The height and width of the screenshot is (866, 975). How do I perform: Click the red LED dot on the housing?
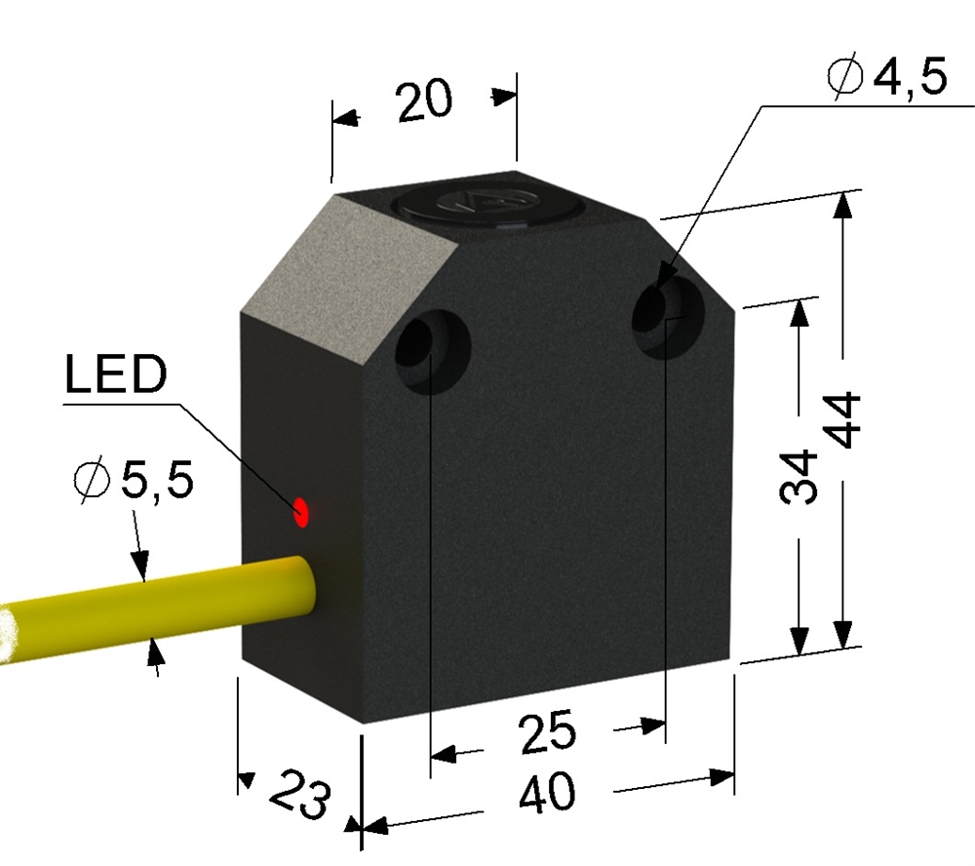301,512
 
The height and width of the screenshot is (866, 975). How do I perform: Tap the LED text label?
116,374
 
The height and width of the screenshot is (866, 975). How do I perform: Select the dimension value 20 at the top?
423,100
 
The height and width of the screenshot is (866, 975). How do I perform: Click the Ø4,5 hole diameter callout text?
887,77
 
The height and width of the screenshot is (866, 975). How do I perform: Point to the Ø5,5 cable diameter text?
133,480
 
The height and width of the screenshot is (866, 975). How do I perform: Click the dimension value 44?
845,420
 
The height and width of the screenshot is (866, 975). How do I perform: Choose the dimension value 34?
798,477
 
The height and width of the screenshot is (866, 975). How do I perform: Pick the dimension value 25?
547,732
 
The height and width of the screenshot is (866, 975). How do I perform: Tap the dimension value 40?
547,793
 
